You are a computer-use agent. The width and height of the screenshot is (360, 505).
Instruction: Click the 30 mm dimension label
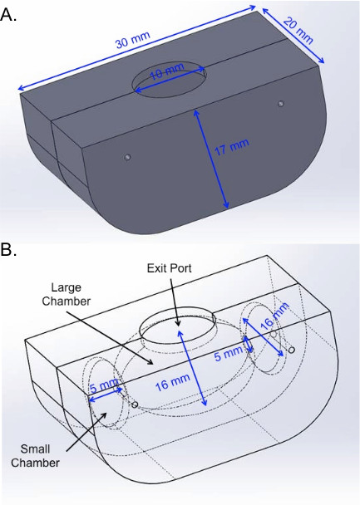(x=133, y=40)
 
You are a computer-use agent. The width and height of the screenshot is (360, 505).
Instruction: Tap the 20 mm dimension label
(x=298, y=31)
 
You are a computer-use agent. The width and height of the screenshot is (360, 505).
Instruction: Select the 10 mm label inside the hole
(x=167, y=71)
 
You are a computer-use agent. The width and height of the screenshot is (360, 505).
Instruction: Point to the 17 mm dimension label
(x=232, y=147)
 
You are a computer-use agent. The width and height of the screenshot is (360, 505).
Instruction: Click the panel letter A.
(x=8, y=14)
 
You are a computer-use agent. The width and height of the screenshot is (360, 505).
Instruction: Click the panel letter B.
(x=8, y=250)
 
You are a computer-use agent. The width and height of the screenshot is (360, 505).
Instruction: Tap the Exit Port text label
(x=170, y=268)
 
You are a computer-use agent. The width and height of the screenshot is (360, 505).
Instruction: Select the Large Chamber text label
(x=66, y=294)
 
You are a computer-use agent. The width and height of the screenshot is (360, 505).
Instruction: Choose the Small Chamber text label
(x=35, y=456)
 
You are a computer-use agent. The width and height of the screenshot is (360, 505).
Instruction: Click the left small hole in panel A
(x=128, y=157)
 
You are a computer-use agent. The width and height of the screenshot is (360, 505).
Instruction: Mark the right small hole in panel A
(x=281, y=104)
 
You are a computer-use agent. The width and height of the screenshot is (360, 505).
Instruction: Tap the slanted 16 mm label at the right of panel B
(x=274, y=316)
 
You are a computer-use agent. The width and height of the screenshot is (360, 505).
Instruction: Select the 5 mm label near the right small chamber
(x=229, y=353)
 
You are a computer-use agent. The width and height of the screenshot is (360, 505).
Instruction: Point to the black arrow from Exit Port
(x=174, y=302)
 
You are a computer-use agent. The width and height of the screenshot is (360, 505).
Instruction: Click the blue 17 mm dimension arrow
(x=211, y=159)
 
